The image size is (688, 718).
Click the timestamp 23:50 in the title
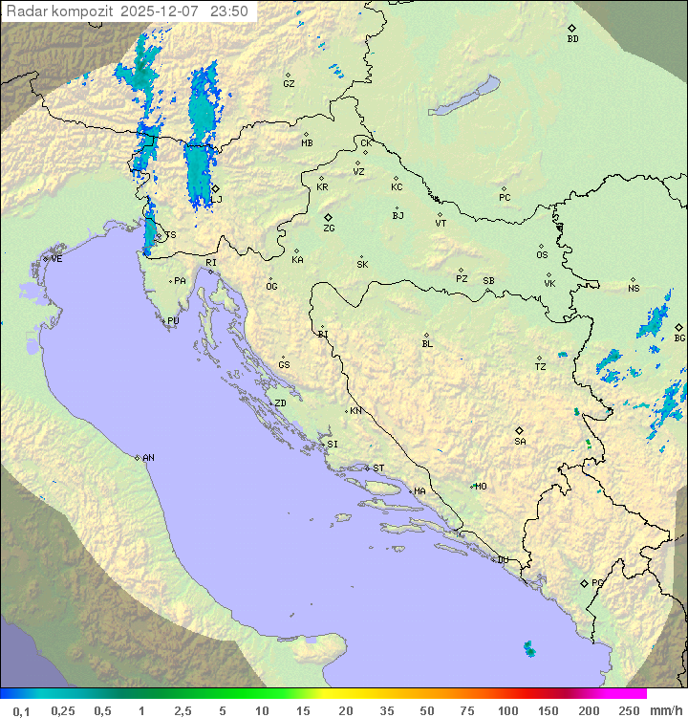point(229,11)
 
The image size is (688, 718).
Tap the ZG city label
point(329,228)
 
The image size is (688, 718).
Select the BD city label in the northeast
point(572,39)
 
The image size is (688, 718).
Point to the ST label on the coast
point(378,468)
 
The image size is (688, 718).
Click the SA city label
point(520,442)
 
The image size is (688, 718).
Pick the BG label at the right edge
point(679,337)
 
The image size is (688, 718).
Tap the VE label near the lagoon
point(56,259)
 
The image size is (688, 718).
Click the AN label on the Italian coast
point(148,458)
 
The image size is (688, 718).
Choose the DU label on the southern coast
point(502,560)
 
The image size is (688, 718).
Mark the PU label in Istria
point(173,321)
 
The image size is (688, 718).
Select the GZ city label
point(289,84)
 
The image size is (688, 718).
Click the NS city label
point(634,289)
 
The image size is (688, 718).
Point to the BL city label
point(427,343)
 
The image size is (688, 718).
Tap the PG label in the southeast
point(597,582)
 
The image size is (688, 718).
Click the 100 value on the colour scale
point(507,710)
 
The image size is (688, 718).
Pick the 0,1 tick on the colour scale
point(21,710)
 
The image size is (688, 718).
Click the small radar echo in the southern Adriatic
point(529,649)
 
